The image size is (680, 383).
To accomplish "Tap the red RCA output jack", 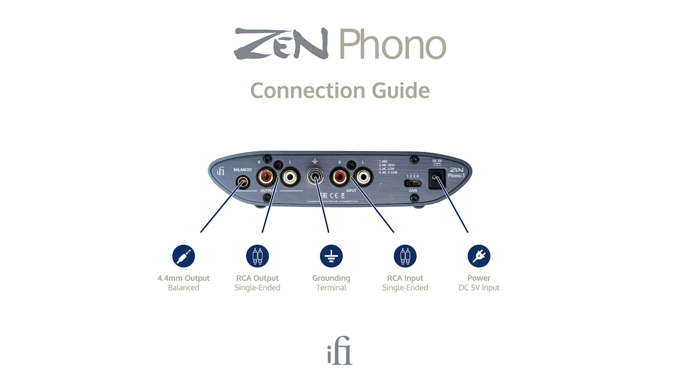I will tap(266, 176).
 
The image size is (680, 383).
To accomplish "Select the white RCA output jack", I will tap(290, 177).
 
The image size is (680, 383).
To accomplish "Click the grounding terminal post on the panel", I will tap(315, 176).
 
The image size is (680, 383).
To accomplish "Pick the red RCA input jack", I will tap(339, 177).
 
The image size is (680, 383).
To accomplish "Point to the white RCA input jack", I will tap(363, 177).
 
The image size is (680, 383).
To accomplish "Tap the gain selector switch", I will tap(413, 183).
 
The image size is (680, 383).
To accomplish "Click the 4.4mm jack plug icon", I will tap(184, 256).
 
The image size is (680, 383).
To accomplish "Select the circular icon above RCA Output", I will tap(257, 256).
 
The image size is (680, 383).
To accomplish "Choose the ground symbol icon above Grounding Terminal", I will tap(331, 256).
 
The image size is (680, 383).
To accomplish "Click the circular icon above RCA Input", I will tap(405, 256).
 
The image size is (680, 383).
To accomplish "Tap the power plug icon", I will tap(479, 256).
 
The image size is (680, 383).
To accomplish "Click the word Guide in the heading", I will tap(400, 91).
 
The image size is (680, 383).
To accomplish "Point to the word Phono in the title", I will tap(393, 44).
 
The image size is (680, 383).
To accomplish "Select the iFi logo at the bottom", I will tap(340, 351).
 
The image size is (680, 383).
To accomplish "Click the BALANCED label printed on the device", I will tap(243, 170).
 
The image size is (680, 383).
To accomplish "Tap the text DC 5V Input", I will tap(479, 288).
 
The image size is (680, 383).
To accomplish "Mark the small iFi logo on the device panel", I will tap(221, 171).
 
